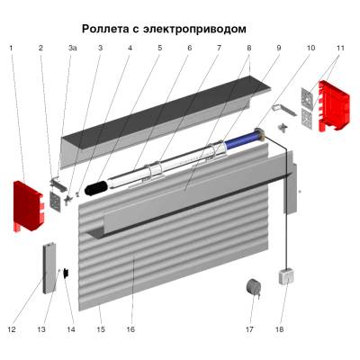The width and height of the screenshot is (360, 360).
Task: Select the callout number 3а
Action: tap(72, 48)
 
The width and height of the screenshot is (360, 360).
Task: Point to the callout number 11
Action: tap(340, 48)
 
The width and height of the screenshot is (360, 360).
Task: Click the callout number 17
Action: tap(249, 329)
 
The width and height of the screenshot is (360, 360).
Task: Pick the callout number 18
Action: tap(279, 329)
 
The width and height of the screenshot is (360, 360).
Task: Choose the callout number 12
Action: tap(12, 329)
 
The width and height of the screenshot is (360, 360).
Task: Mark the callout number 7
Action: tap(219, 48)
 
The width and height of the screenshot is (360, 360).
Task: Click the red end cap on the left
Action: tap(28, 206)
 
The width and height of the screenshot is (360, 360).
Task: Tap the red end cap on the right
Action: tap(334, 105)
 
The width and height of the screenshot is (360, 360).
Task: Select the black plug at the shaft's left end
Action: tap(96, 187)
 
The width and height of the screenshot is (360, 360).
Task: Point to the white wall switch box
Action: tap(285, 277)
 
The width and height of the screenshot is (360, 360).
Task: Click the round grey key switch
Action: tap(254, 287)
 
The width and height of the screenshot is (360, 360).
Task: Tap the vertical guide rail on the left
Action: tap(49, 267)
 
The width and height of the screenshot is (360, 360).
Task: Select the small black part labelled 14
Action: tap(66, 273)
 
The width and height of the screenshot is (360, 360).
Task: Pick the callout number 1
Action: tap(12, 48)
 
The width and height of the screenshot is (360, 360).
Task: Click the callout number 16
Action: tap(130, 329)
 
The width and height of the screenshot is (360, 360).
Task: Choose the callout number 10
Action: tap(310, 48)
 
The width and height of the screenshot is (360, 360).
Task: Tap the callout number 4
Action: tap(130, 48)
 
